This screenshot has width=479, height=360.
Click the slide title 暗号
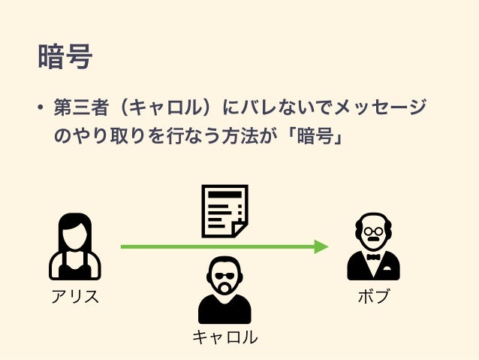click(64, 56)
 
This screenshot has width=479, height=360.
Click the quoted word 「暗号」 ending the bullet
click(316, 138)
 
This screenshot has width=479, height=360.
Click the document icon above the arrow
click(224, 210)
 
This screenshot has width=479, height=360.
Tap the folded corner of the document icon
click(239, 228)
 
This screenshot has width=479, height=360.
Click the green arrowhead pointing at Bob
click(321, 246)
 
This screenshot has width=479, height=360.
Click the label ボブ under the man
click(373, 296)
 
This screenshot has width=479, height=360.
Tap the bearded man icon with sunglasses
click(224, 289)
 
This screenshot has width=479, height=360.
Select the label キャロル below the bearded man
click(224, 337)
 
